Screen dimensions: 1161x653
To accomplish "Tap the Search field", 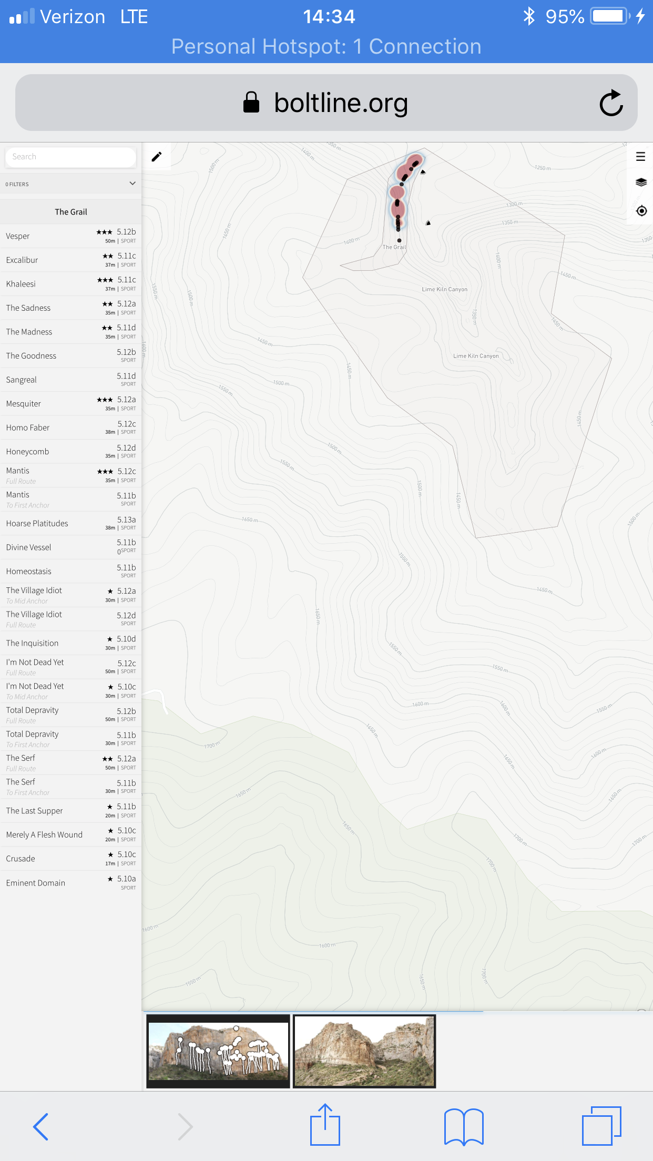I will point(70,157).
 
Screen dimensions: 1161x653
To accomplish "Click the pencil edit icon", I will point(157,157).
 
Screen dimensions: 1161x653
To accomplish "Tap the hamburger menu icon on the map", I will point(640,156).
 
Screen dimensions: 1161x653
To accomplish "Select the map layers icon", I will point(641,182).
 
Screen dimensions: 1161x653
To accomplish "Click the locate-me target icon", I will point(641,211).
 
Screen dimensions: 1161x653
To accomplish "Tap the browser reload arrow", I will point(611,103).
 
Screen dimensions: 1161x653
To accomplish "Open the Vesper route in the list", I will point(18,236).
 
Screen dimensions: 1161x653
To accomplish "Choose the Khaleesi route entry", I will point(21,284).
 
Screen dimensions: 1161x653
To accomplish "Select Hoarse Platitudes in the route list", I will point(37,524).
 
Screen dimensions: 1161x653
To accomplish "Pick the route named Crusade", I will point(21,859).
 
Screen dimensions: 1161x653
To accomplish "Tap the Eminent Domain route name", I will point(36,883).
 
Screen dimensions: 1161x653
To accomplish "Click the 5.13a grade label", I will point(126,520).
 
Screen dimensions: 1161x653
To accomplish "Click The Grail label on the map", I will point(394,247).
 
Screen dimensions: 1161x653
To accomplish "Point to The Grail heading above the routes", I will point(71,212).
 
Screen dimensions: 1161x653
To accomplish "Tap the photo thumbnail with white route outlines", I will point(218,1051).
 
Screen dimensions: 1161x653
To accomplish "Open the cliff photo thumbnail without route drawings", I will point(364,1051).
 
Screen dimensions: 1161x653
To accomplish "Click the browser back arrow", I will point(40,1126).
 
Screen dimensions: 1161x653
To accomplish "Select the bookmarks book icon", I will point(464,1126).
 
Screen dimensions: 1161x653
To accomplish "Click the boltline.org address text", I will point(341,103).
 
